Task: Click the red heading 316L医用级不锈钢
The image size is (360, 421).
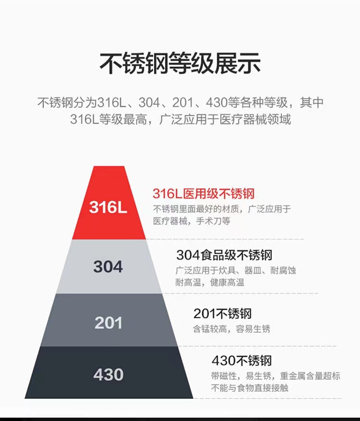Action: (204, 194)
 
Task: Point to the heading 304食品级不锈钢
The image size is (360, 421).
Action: (224, 254)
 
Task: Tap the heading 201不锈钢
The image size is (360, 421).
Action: (222, 314)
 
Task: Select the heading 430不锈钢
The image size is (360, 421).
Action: (242, 361)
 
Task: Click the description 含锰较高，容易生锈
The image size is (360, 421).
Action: (232, 329)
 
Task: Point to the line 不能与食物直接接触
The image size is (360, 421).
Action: (250, 387)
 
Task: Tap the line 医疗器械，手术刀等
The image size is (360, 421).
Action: (192, 221)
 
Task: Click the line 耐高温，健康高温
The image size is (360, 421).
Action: (210, 282)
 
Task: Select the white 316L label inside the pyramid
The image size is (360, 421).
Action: (108, 208)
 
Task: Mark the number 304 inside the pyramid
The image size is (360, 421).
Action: (108, 266)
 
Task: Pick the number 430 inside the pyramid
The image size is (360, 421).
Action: (108, 374)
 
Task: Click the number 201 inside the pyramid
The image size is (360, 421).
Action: (108, 323)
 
